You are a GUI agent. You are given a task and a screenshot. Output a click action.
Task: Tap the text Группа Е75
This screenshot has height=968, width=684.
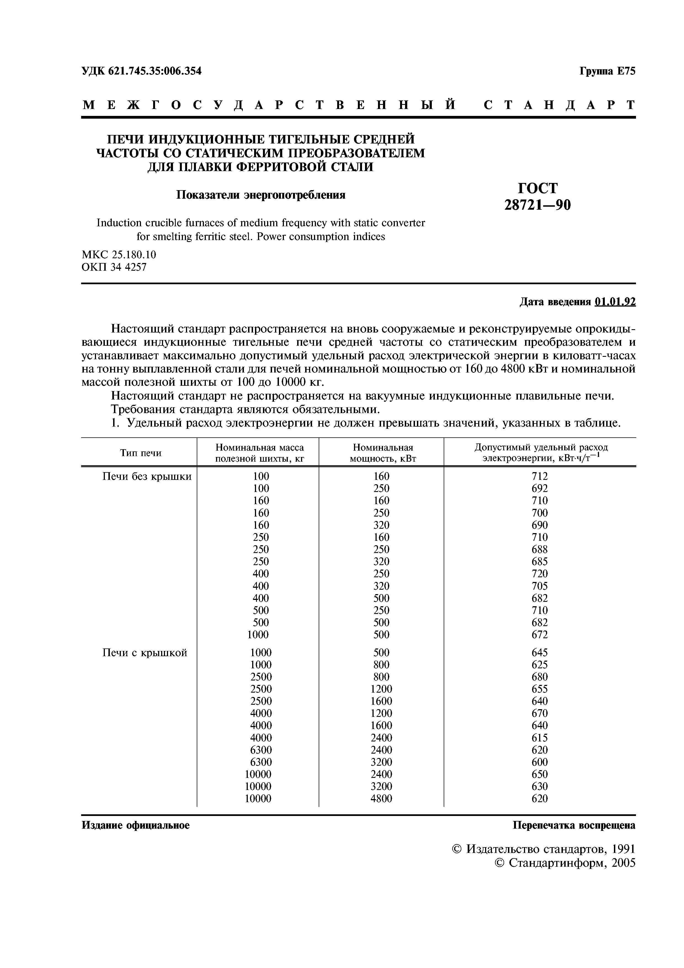[607, 71]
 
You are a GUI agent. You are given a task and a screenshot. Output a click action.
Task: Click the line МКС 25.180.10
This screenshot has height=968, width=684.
[119, 255]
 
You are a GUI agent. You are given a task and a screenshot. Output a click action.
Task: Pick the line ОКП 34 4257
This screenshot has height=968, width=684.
[114, 267]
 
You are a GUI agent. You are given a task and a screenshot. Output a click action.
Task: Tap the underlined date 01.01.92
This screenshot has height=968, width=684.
[615, 302]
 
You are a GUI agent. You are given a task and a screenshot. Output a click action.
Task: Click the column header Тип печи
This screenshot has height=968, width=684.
[141, 453]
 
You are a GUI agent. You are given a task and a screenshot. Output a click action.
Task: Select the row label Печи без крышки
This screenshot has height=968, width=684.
[147, 476]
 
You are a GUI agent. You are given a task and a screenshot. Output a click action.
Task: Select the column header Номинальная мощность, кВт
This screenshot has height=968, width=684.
[383, 453]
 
